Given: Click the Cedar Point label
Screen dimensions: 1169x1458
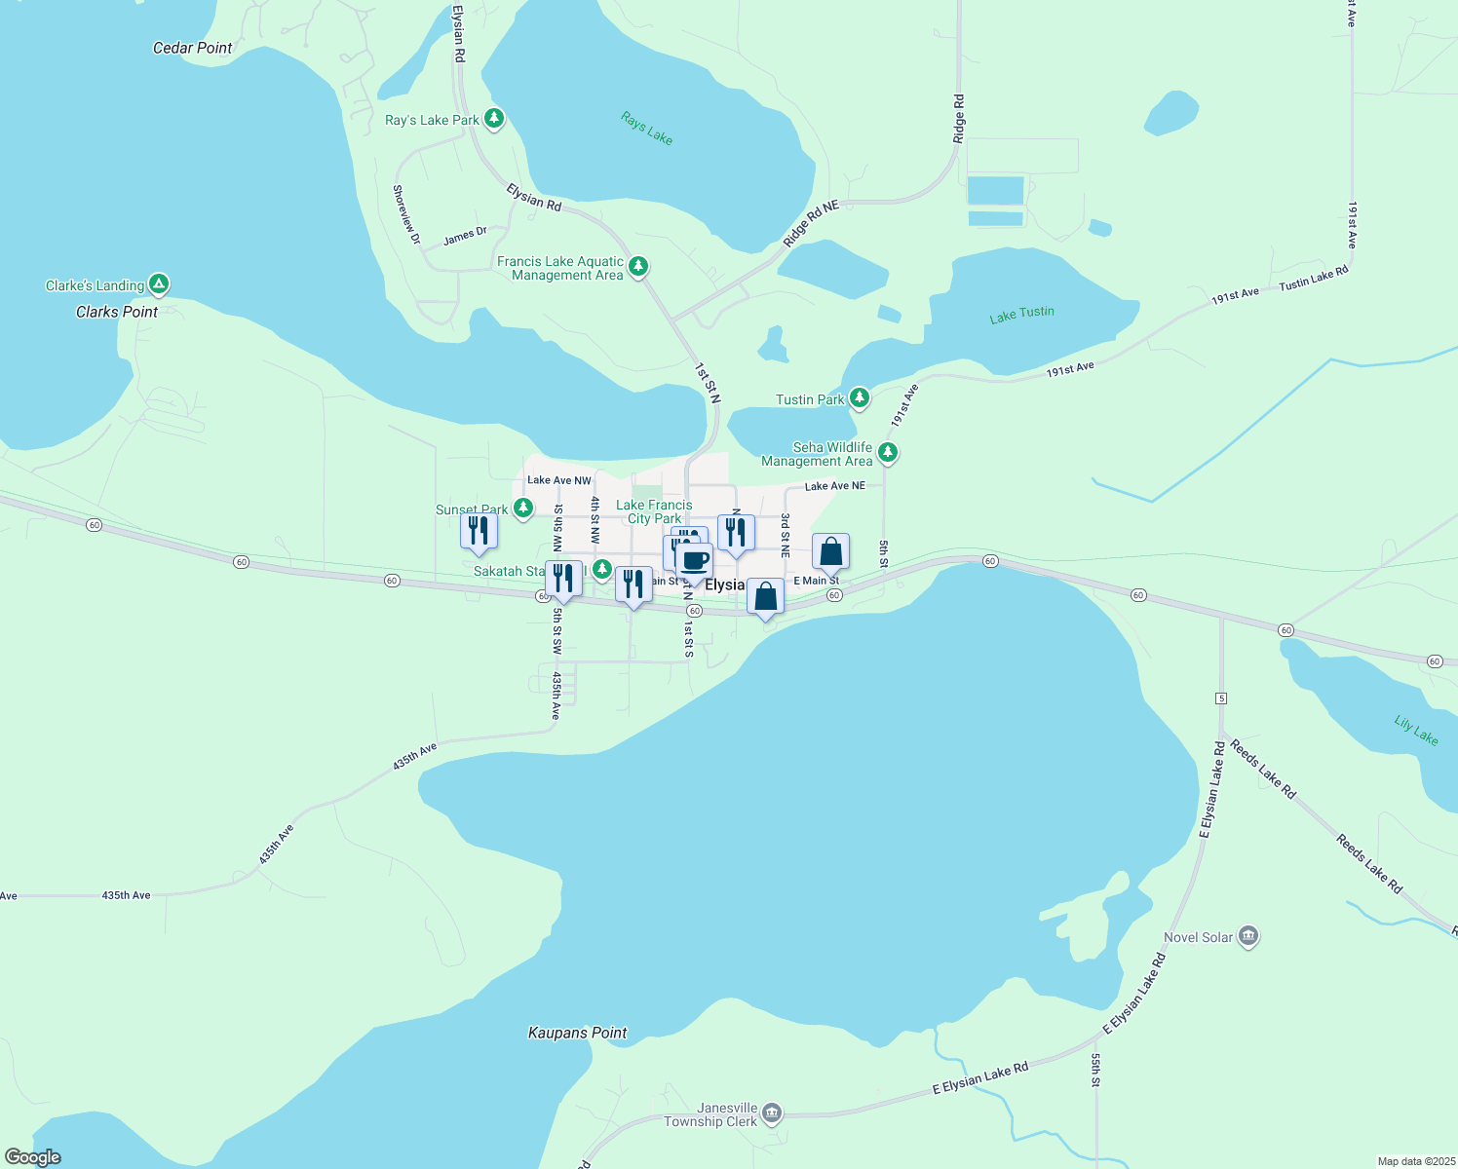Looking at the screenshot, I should tap(193, 48).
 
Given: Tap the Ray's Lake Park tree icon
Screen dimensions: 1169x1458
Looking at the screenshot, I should tap(495, 119).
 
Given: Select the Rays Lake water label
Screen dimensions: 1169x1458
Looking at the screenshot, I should tap(647, 128).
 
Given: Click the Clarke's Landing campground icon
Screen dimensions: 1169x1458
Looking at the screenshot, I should tap(159, 284).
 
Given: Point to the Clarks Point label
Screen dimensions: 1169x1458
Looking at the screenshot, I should tap(117, 312).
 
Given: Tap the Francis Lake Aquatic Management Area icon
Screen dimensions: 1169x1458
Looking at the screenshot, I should tap(638, 266).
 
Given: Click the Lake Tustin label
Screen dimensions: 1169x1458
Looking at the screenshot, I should tap(1021, 314).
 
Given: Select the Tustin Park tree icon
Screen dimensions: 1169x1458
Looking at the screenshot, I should tap(859, 398).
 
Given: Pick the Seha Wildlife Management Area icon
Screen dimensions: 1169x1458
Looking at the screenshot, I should tap(887, 453).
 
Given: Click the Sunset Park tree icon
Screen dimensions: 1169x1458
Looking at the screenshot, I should tap(523, 508).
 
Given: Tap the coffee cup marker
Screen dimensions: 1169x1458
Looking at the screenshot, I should tap(695, 562).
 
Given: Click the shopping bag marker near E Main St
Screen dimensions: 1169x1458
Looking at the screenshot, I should tap(830, 551).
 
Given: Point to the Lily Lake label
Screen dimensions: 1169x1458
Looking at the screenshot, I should tap(1415, 731).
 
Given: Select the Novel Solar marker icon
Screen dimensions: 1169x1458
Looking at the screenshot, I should tap(1249, 937).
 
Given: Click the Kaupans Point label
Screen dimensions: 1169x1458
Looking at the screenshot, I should tap(578, 1033).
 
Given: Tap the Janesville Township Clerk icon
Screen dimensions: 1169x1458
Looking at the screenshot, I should tap(772, 1112).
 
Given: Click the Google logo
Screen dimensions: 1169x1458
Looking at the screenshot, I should tap(33, 1156).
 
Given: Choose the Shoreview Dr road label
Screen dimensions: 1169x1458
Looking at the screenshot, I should tap(406, 214).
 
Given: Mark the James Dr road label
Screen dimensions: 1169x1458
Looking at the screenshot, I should tap(465, 236).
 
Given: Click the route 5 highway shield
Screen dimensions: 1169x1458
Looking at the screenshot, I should tap(1220, 698).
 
